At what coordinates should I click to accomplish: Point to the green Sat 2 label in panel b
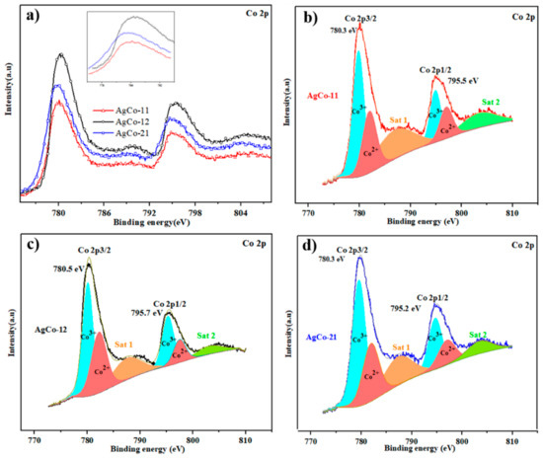pyautogui.click(x=491, y=100)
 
